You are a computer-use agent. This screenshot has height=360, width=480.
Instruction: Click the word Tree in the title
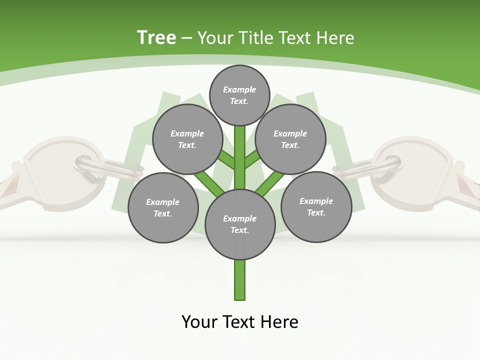(x=156, y=37)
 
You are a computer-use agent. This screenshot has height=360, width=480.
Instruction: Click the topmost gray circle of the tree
(x=239, y=95)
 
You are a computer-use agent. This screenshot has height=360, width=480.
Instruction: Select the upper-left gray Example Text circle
(x=187, y=139)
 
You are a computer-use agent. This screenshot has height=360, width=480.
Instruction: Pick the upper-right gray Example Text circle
(x=290, y=139)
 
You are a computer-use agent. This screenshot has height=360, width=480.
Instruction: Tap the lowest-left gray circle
(x=163, y=207)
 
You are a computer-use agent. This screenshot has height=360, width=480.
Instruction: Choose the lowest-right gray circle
(x=316, y=206)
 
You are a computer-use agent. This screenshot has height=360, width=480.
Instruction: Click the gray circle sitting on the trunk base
(x=240, y=224)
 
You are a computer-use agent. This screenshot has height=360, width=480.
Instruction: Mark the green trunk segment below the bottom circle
(x=240, y=280)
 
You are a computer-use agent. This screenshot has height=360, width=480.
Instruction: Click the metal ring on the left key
(x=107, y=168)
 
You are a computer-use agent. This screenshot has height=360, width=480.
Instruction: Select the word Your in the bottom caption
(x=199, y=321)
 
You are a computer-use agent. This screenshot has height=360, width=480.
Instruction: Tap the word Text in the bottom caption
(x=240, y=321)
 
